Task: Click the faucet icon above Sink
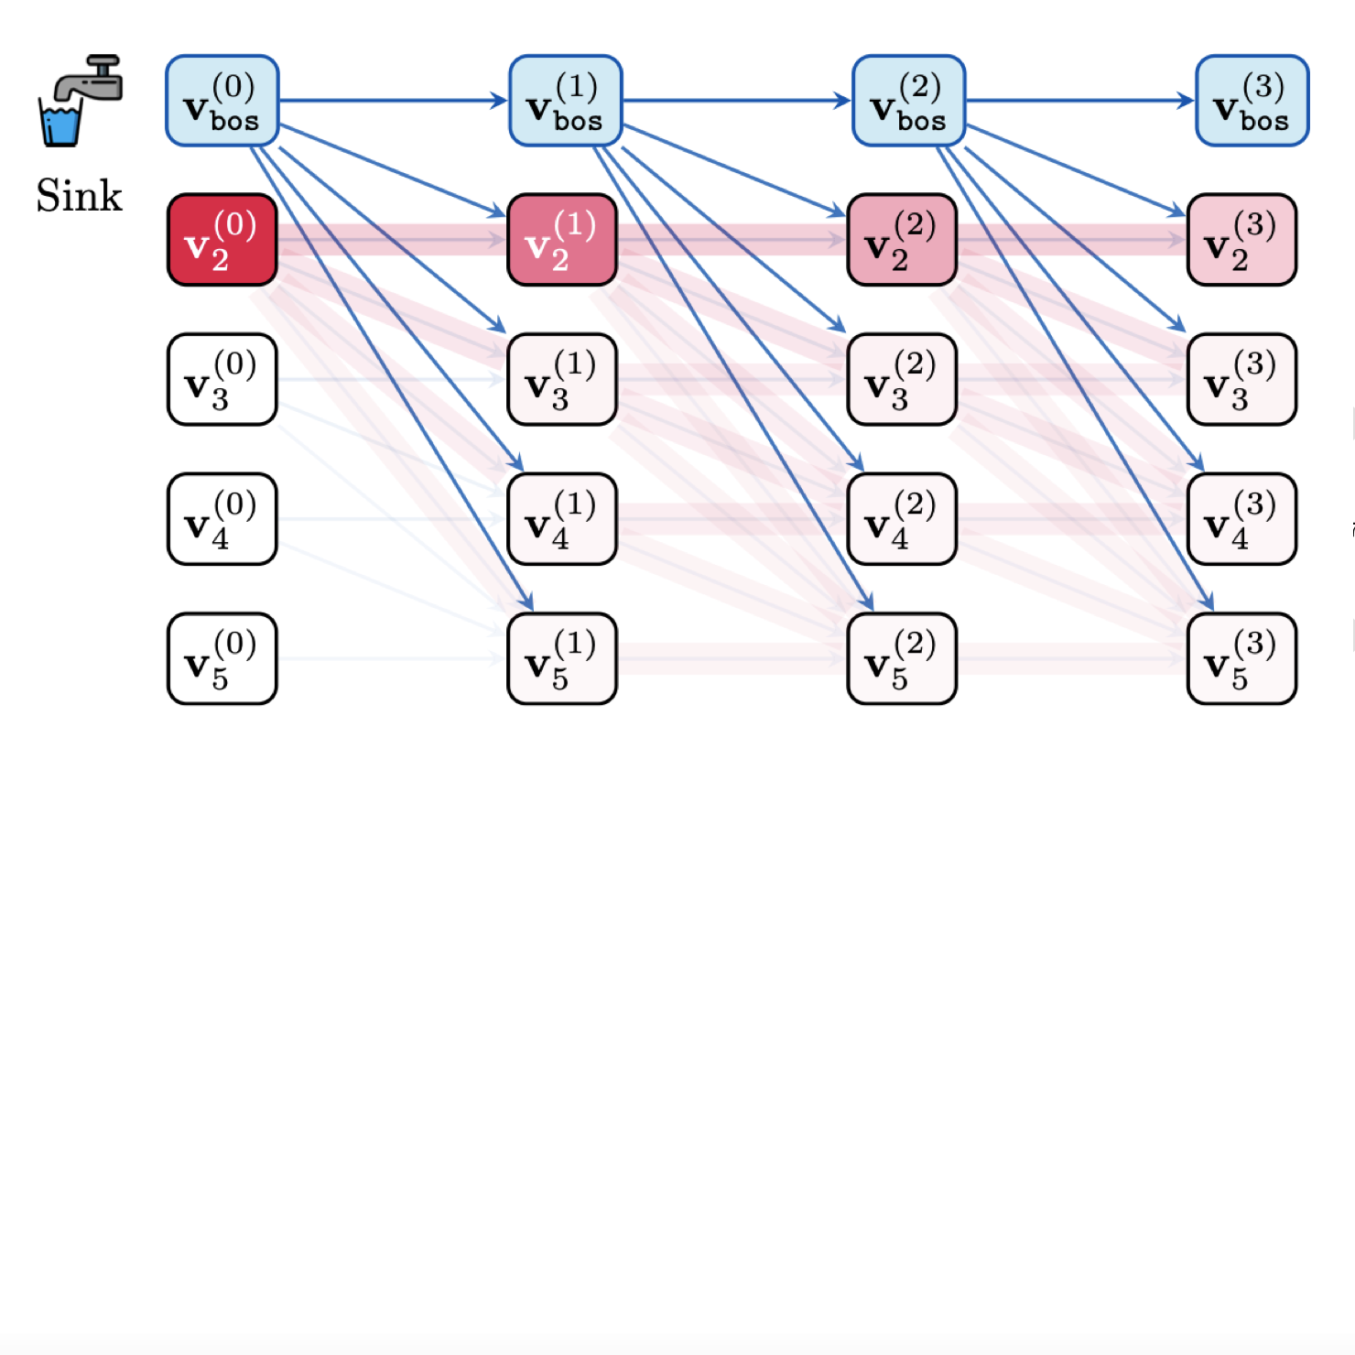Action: (80, 100)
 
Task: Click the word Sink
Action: (79, 196)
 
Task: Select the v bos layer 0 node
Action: (222, 101)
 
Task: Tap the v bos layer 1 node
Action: (566, 101)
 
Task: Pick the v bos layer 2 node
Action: (909, 101)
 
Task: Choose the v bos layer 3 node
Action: (1252, 101)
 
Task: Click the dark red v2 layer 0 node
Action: (222, 240)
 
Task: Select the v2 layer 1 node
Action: (562, 240)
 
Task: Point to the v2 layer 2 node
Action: (903, 240)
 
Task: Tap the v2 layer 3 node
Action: (1242, 240)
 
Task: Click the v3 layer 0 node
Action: (222, 380)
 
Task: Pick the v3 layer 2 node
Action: (903, 380)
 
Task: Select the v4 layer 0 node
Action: (222, 519)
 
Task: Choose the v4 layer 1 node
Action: (562, 519)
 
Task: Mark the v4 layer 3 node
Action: (1242, 519)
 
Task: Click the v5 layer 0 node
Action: (222, 659)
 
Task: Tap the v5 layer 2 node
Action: (903, 659)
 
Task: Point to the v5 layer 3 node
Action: (1242, 659)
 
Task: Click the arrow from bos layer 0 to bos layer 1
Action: (394, 101)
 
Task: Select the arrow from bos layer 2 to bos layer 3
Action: (1080, 101)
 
